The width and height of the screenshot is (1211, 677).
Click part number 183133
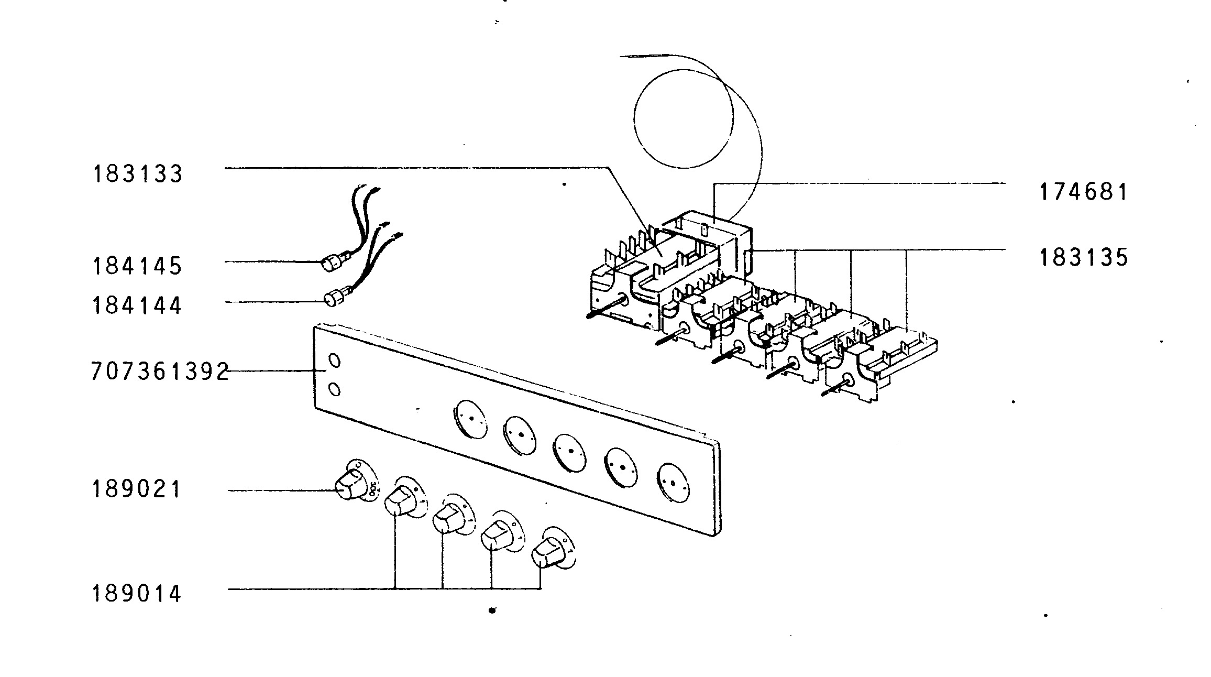pyautogui.click(x=138, y=173)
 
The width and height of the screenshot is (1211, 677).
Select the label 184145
pyautogui.click(x=137, y=266)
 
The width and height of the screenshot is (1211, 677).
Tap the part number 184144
pyautogui.click(x=137, y=305)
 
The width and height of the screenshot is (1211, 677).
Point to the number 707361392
pyautogui.click(x=160, y=371)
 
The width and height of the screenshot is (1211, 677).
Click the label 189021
pyautogui.click(x=137, y=489)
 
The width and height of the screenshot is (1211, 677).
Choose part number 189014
pyautogui.click(x=137, y=594)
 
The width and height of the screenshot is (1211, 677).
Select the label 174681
pyautogui.click(x=1083, y=192)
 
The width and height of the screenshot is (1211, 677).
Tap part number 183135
pyautogui.click(x=1084, y=257)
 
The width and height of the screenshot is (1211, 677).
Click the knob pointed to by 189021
pyautogui.click(x=349, y=485)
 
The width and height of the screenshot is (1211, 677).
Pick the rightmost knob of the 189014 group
pyautogui.click(x=546, y=553)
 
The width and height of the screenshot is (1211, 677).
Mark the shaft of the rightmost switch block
pyautogui.click(x=835, y=388)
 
